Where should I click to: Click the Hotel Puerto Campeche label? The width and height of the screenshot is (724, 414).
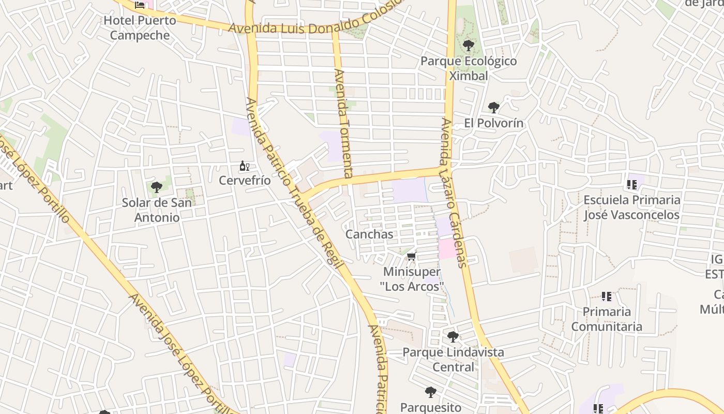pos(140,28)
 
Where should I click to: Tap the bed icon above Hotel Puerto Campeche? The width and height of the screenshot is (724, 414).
pos(140,5)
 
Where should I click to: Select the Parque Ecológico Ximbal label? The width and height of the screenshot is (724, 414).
pos(468,68)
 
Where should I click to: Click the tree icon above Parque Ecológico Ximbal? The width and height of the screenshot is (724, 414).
pos(468,46)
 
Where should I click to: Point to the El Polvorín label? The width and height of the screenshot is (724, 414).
pos(493,123)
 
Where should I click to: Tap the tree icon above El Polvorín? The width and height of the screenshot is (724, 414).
pos(493,108)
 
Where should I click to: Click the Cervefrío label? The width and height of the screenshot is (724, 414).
pos(245,181)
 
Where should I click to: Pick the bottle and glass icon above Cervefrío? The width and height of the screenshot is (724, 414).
pos(245,166)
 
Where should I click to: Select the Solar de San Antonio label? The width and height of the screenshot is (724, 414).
pos(157,210)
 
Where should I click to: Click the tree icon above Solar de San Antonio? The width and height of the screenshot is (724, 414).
pos(157,187)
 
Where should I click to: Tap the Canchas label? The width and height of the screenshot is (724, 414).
pos(369,234)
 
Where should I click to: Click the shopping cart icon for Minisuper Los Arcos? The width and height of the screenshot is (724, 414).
pos(412,256)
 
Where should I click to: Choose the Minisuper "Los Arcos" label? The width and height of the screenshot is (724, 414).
pos(412,279)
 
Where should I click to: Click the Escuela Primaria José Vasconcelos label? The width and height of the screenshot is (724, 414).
pos(631,207)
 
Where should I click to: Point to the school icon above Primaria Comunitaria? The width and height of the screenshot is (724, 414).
pos(607,297)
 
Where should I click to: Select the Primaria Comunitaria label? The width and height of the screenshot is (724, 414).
pos(607,319)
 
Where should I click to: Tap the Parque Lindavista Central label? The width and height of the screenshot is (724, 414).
pos(453,360)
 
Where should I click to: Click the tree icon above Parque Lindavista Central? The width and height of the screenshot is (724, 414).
pos(453,337)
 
